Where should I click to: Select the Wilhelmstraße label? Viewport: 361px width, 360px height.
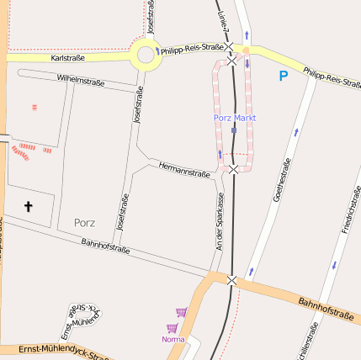pyautogui.click(x=80, y=82)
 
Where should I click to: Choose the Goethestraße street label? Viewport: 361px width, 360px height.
pyautogui.click(x=280, y=183)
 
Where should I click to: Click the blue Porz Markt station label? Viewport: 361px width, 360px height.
pyautogui.click(x=234, y=118)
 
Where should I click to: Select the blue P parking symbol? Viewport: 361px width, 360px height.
pyautogui.click(x=284, y=77)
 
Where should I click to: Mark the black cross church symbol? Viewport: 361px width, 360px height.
pyautogui.click(x=28, y=206)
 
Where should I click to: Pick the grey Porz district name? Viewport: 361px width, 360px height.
pyautogui.click(x=84, y=223)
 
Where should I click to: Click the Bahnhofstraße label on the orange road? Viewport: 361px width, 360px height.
pyautogui.click(x=326, y=309)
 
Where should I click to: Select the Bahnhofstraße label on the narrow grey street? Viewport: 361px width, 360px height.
pyautogui.click(x=105, y=246)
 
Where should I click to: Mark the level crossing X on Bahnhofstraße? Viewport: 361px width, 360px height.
pyautogui.click(x=232, y=281)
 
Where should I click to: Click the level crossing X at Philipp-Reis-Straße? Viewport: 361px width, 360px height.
pyautogui.click(x=231, y=61)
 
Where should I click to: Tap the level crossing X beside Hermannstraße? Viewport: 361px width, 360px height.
pyautogui.click(x=233, y=169)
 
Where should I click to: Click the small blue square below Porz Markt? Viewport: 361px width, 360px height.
pyautogui.click(x=234, y=130)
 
